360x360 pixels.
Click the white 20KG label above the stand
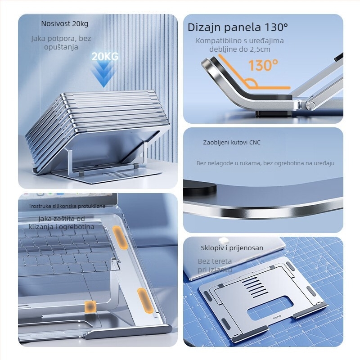105,57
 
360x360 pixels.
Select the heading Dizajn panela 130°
238,27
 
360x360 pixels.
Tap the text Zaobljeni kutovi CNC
231,143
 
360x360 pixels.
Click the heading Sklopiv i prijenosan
232,248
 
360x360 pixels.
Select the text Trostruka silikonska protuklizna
67,206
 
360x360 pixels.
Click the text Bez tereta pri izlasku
215,265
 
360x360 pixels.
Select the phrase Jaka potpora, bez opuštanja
61,43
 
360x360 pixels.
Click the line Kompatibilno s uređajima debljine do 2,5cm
239,45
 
